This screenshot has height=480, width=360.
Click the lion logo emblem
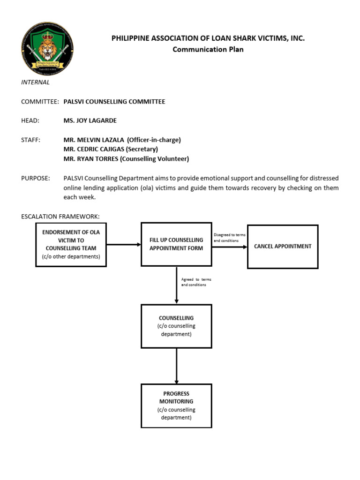[47, 49]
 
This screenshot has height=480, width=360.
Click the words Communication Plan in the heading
[208, 49]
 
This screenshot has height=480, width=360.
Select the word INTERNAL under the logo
[35, 82]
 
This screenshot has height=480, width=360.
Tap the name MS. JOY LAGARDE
[90, 120]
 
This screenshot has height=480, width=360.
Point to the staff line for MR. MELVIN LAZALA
[122, 140]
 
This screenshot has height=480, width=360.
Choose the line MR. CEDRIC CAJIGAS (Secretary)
[111, 149]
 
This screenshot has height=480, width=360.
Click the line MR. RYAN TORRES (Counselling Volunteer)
[126, 159]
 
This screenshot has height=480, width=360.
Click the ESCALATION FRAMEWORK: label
[60, 217]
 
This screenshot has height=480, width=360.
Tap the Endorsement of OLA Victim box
[71, 244]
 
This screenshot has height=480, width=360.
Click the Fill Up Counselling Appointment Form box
[176, 244]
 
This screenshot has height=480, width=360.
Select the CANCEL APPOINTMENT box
[283, 247]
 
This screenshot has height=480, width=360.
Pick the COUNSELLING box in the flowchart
[176, 326]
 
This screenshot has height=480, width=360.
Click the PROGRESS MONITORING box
[176, 405]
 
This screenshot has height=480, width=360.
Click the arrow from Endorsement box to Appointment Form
[124, 244]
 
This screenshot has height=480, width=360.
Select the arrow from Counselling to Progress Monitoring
[176, 366]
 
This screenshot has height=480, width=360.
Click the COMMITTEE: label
[40, 102]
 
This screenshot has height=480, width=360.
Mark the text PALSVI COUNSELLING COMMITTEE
[114, 102]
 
